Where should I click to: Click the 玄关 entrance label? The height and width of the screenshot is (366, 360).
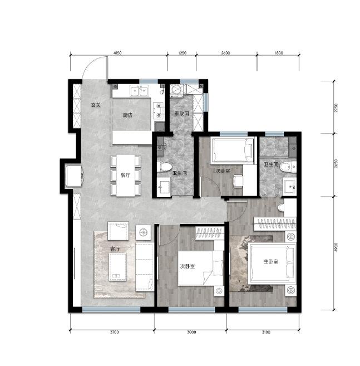96,105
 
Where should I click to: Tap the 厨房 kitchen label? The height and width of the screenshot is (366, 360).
127,115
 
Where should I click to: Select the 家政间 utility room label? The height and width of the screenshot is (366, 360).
181,114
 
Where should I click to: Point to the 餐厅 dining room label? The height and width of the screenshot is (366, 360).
125,175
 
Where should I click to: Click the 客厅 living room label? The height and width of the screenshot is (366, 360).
115,249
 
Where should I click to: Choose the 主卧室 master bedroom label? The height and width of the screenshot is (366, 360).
271,262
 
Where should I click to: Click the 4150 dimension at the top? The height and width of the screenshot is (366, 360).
117,53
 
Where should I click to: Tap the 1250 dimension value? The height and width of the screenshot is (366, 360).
182,53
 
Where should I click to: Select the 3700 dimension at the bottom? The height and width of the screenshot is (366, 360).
114,332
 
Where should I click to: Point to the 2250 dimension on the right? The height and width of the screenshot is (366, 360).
336,108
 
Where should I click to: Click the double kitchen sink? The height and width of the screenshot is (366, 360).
140,91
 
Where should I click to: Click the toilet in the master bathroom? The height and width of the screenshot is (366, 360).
288,167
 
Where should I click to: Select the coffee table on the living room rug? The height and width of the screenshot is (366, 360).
118,267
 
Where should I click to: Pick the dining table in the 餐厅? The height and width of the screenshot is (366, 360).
126,175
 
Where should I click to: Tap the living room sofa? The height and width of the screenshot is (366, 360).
145,267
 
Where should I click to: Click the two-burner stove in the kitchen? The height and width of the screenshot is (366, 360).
159,111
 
